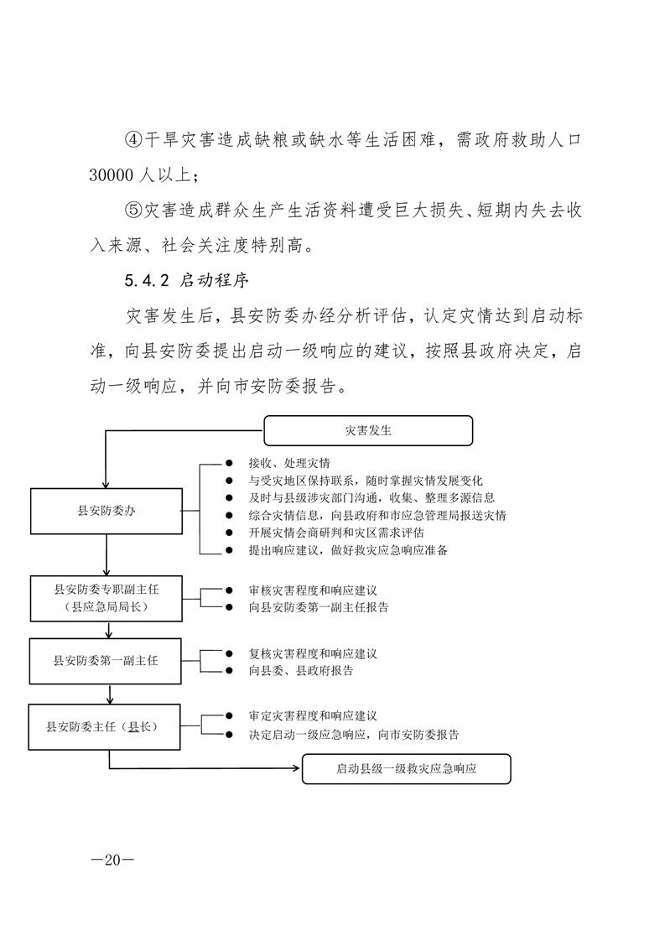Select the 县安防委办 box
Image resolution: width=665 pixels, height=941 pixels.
tap(106, 511)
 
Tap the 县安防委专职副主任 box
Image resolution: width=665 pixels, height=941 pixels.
tap(106, 598)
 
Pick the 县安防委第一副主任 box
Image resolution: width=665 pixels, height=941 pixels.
tap(106, 660)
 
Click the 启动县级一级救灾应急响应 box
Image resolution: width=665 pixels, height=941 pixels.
tap(406, 768)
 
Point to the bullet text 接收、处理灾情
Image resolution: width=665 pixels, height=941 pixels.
tap(288, 463)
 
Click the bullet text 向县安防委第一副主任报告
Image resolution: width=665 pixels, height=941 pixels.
tap(318, 607)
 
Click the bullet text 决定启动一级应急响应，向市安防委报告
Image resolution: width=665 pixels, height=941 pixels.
tap(353, 735)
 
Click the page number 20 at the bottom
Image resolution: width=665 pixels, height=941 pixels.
tap(110, 859)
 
